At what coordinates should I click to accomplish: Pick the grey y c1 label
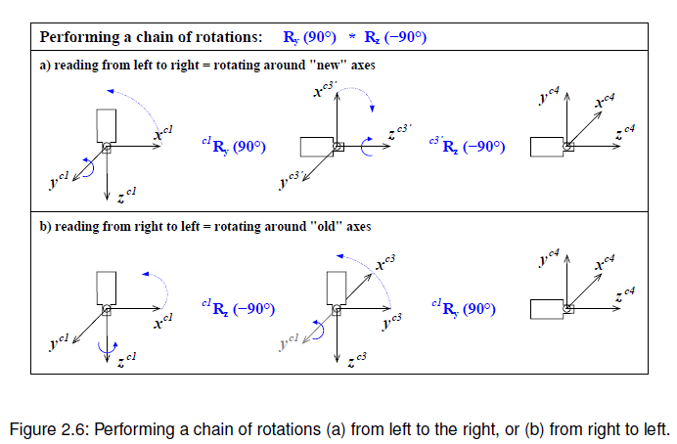click(291, 343)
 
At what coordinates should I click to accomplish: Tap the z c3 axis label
click(356, 360)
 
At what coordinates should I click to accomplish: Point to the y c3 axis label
click(391, 319)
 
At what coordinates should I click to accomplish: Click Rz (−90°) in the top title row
click(395, 38)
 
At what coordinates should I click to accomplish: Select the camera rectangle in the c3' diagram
click(315, 147)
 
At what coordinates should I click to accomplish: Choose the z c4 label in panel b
click(626, 292)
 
